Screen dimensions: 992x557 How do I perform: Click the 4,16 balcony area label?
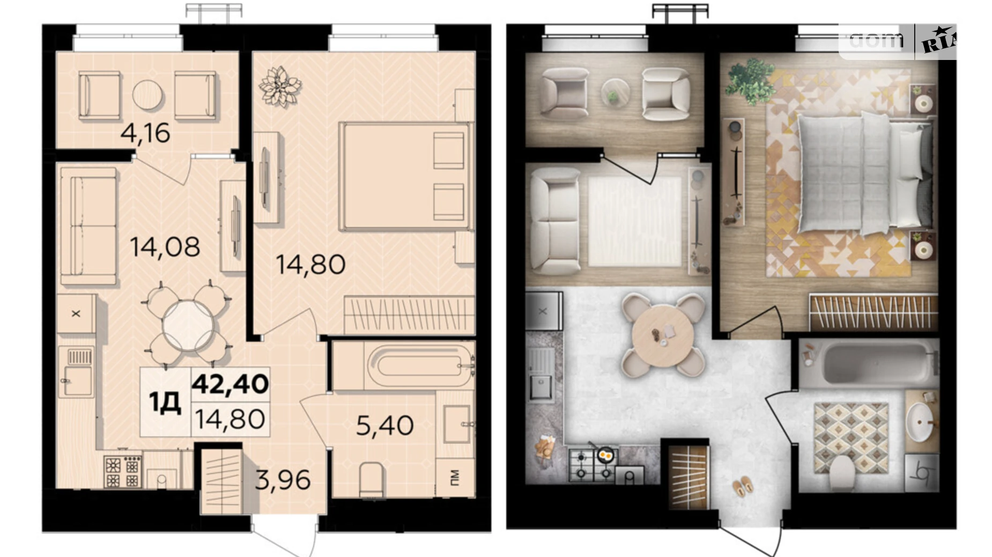(145, 133)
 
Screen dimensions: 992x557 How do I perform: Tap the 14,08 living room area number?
(165, 247)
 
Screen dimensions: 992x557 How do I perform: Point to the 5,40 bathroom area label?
(385, 425)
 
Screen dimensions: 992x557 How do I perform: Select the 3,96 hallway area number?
(283, 480)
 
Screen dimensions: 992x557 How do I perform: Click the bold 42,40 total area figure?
(231, 384)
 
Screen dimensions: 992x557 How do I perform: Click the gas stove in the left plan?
(123, 471)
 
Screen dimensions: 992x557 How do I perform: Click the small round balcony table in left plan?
(147, 95)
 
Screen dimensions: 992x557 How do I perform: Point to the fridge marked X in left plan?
(76, 313)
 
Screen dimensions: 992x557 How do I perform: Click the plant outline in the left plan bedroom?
(279, 86)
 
